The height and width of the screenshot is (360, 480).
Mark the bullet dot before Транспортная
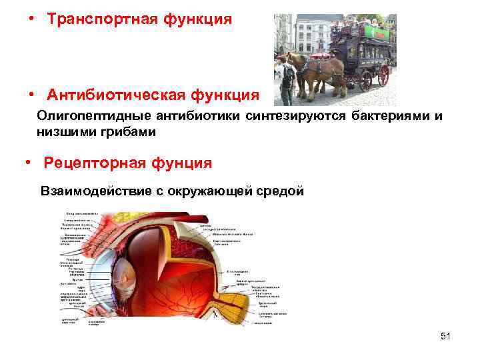[31, 19]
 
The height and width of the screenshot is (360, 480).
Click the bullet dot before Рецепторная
[27, 163]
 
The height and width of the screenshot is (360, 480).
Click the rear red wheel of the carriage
[383, 75]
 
